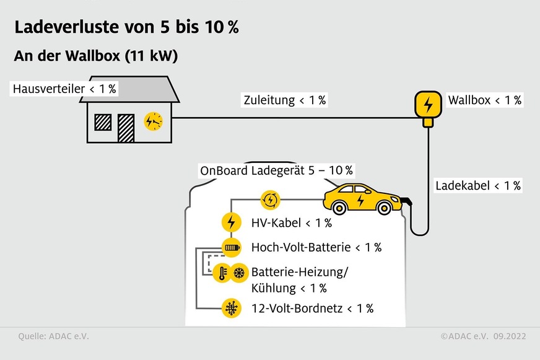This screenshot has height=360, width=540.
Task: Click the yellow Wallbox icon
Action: (426, 105)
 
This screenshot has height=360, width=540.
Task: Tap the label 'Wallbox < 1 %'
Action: (485, 100)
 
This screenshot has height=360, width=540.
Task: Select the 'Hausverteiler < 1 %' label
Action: (64, 89)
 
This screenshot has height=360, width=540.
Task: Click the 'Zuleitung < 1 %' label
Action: (285, 100)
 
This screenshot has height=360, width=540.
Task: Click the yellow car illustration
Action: (362, 198)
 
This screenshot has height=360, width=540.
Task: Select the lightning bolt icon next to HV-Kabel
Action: (231, 223)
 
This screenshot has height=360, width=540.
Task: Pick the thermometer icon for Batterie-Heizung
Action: (222, 273)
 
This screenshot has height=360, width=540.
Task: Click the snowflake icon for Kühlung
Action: (239, 273)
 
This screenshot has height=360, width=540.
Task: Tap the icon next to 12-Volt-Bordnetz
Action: (231, 308)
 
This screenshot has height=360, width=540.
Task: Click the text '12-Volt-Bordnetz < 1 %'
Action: (312, 308)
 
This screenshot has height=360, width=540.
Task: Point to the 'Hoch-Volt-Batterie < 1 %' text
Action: (316, 247)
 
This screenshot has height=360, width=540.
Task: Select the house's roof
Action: (129, 89)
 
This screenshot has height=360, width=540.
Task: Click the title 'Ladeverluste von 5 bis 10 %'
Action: (126, 28)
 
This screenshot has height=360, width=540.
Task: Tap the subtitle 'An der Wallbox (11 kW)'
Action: (95, 56)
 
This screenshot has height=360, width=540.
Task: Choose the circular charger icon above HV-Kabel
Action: (271, 200)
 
